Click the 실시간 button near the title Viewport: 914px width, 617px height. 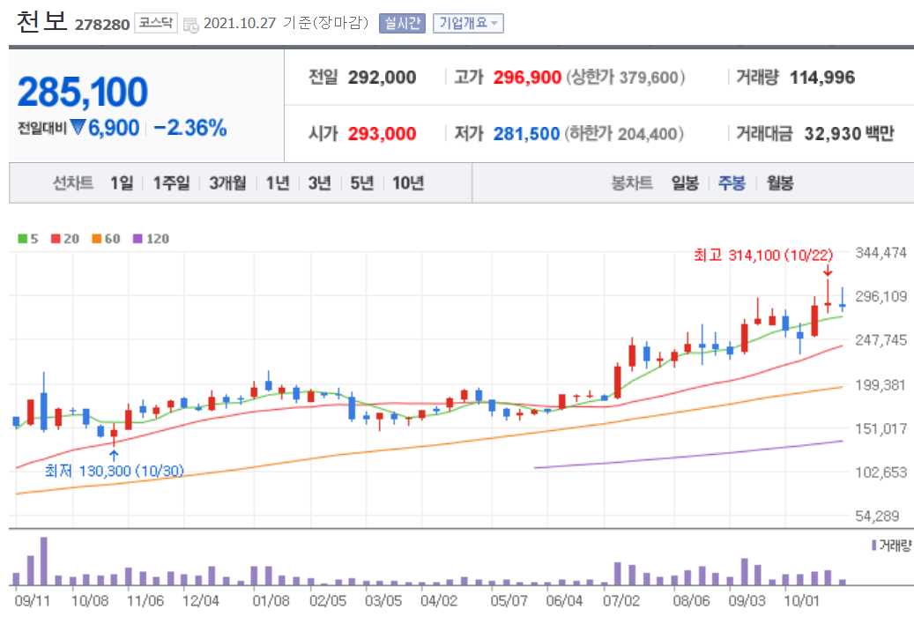403,24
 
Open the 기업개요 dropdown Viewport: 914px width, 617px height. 468,24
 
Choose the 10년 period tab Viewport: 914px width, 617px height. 408,183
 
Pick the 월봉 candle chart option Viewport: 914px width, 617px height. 779,183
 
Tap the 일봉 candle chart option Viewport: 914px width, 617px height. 685,183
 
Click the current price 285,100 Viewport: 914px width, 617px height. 83,92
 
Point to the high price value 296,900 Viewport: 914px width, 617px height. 527,78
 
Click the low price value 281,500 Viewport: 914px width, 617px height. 527,134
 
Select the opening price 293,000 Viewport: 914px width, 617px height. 382,134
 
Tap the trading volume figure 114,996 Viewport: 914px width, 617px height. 822,78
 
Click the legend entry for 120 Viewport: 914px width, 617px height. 152,239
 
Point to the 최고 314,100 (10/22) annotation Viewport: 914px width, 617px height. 763,256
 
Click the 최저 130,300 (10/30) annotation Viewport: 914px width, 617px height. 115,471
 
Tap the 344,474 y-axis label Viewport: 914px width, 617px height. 881,253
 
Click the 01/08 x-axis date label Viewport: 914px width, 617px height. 271,601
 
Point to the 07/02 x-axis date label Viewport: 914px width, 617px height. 621,601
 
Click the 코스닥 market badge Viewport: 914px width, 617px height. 156,24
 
